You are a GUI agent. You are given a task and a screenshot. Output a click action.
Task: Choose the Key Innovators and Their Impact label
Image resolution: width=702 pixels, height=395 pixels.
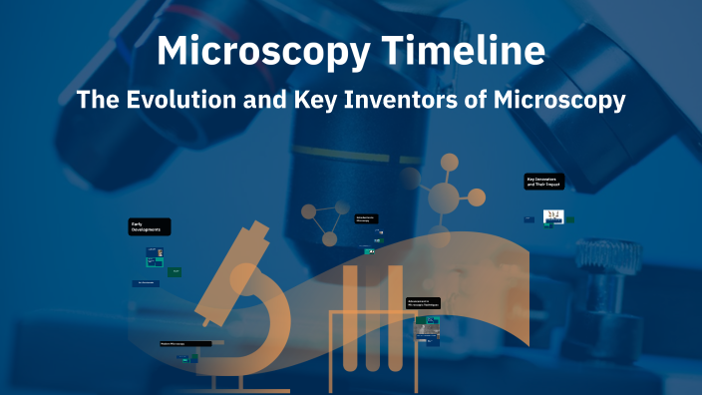pos(544,183)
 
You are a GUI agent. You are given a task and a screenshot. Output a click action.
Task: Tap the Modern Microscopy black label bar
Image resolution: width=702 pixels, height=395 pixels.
pos(185,343)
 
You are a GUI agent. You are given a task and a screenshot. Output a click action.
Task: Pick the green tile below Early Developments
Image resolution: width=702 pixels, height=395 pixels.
pos(175,270)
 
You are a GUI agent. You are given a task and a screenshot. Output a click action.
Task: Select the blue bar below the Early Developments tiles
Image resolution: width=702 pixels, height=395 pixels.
pos(146,283)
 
